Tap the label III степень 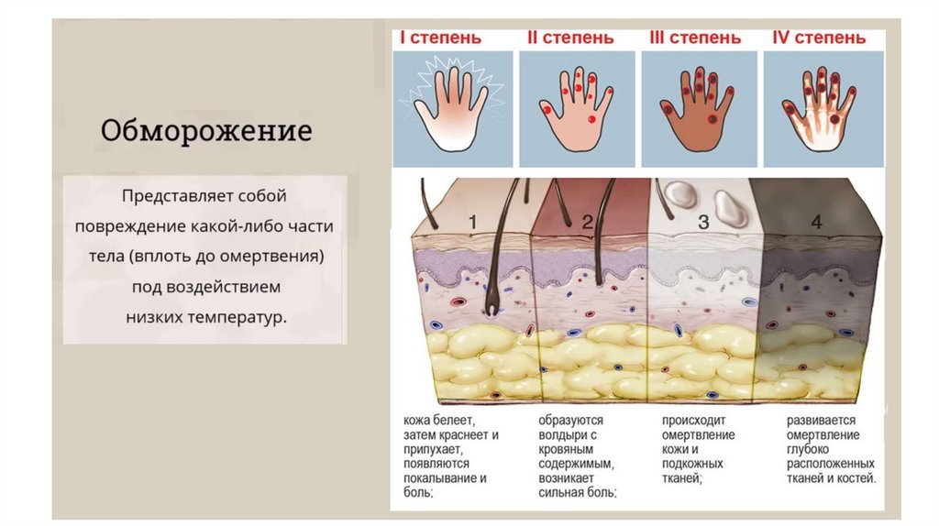695,38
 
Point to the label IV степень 819,38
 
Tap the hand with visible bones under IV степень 819,106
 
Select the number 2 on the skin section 588,223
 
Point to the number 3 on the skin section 703,223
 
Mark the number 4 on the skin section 816,223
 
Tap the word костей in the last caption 856,478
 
